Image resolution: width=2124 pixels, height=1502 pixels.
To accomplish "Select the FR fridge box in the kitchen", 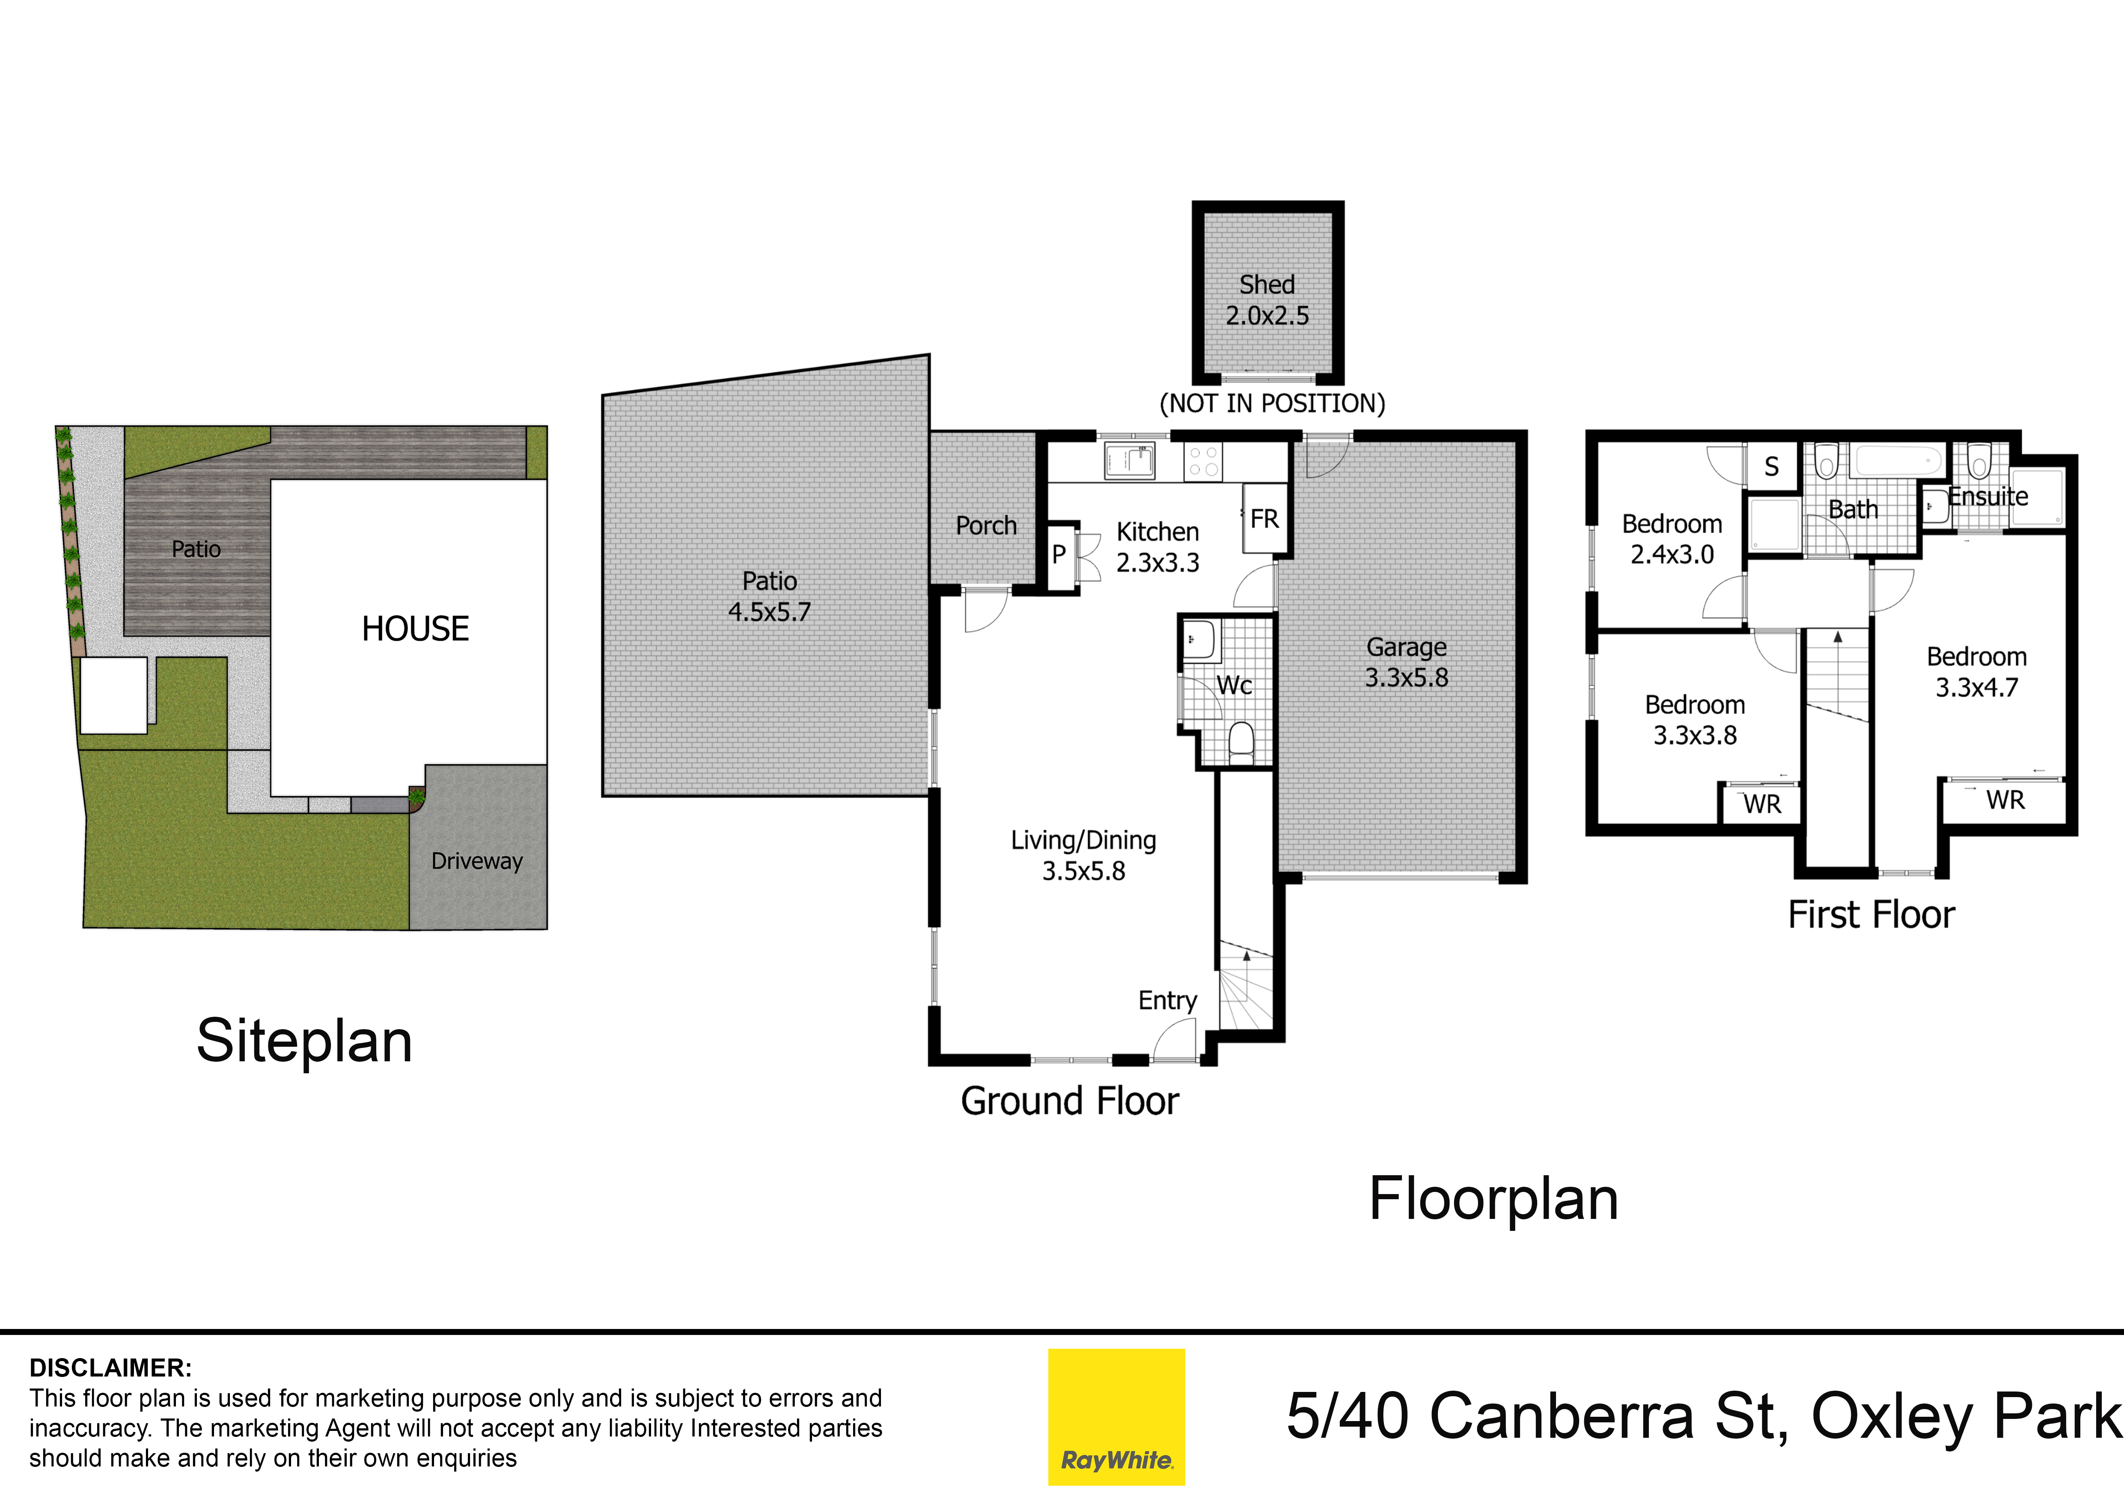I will point(1264,519).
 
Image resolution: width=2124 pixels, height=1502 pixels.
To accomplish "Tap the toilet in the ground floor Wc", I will point(1240,742).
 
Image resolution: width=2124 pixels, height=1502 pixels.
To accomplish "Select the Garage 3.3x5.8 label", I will point(1406,662).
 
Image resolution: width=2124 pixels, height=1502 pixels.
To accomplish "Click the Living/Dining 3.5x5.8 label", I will point(1083,855).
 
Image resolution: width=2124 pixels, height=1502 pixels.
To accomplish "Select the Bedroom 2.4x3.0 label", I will point(1672,539).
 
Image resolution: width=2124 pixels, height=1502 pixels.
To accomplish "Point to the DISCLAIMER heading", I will point(110,1367).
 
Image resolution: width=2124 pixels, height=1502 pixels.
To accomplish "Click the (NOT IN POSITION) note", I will point(1272,403).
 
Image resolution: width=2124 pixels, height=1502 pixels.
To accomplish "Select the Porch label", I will point(985,526).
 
